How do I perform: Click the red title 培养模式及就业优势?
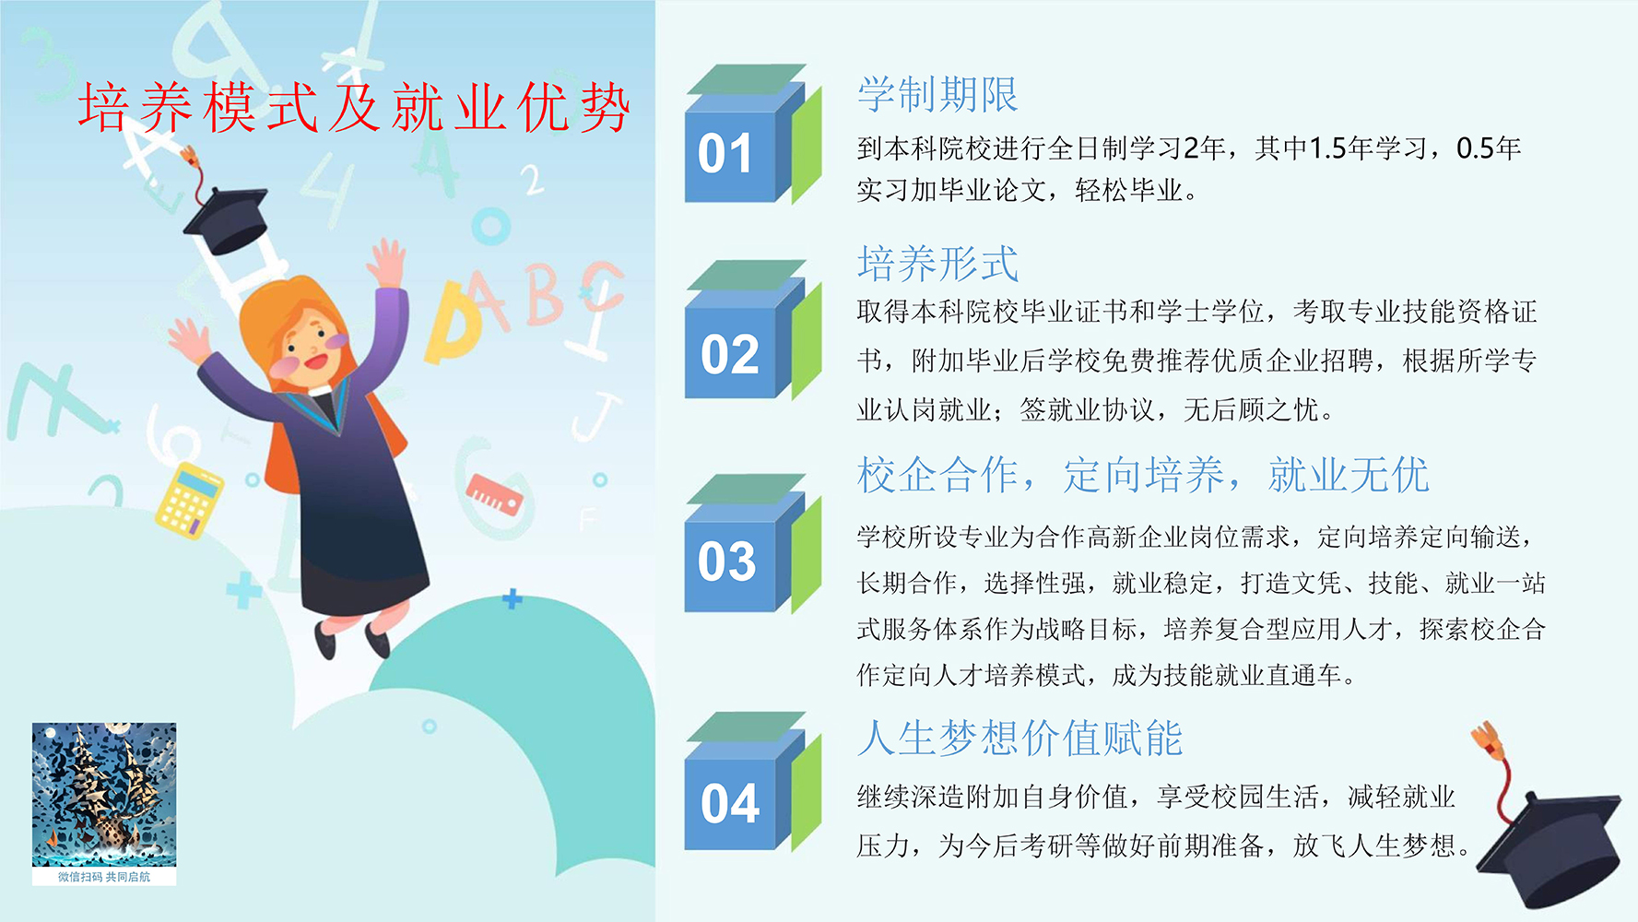click(354, 108)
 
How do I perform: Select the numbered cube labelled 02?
click(752, 330)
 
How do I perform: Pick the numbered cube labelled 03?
click(752, 544)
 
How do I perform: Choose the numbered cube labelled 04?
click(752, 782)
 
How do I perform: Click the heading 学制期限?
click(937, 95)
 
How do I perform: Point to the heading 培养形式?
click(937, 264)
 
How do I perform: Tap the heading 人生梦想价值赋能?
click(1019, 739)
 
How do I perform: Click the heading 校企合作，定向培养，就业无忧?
click(1142, 476)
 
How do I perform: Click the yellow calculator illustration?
click(190, 500)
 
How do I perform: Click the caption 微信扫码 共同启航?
click(104, 877)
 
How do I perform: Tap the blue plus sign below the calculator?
click(244, 590)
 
